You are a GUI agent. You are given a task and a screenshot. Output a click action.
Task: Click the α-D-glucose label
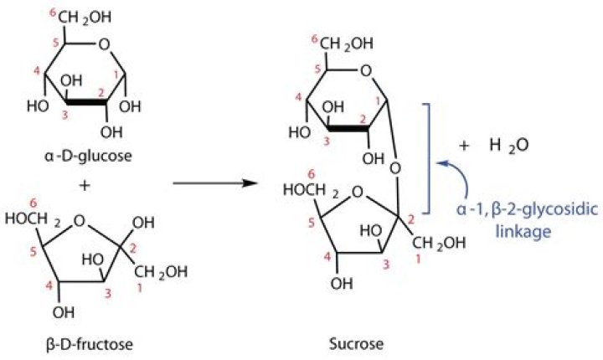pos(88,156)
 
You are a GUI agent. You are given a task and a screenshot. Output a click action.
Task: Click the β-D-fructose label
pos(90,343)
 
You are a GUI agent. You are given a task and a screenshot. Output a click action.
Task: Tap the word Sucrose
pos(357,343)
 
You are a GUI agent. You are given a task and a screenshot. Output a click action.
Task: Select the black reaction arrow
pos(215,183)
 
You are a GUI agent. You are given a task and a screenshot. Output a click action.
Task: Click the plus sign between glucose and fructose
pos(85,185)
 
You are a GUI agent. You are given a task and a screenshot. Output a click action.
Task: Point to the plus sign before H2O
pos(464,146)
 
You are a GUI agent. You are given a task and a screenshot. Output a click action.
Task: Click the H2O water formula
pos(509,146)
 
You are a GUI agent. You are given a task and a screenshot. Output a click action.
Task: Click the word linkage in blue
pos(523,231)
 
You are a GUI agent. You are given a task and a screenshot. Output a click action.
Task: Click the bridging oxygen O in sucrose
pos(395,167)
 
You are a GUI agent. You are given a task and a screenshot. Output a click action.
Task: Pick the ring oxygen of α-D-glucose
pos(104,45)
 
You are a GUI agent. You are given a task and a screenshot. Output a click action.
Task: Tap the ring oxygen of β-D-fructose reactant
pos(80,220)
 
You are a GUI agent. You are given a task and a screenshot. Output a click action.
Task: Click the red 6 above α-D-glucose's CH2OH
pos(53,13)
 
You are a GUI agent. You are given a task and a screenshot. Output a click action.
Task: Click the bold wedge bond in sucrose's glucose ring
pos(348,129)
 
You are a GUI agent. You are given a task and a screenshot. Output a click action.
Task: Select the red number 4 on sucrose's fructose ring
pos(327,257)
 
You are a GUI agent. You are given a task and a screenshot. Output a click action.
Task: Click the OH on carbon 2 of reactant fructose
pos(142,223)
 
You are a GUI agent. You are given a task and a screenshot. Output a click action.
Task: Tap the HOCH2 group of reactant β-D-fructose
pos(31,219)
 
